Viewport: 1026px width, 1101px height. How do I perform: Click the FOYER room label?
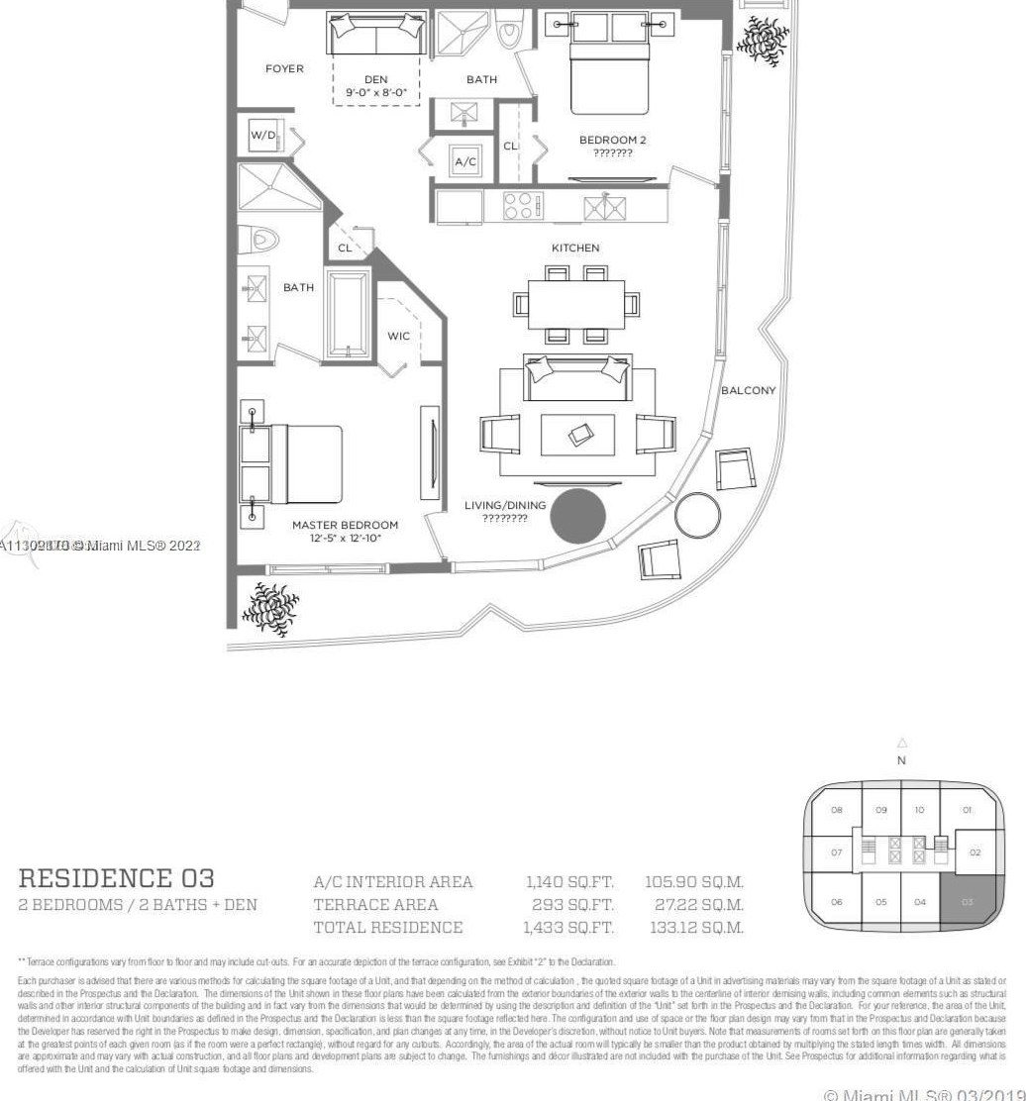click(284, 69)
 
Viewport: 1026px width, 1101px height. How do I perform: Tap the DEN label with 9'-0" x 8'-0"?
click(375, 86)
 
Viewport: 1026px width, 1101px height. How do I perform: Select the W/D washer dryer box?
click(263, 135)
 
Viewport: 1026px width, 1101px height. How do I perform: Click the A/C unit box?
click(464, 161)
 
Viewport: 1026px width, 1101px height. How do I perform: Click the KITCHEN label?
click(575, 249)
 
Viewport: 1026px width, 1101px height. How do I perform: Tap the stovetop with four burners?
click(523, 206)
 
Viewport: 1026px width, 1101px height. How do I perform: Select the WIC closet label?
click(398, 337)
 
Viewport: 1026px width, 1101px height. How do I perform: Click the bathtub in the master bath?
click(348, 314)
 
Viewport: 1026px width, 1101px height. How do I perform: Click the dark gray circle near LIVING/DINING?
click(577, 516)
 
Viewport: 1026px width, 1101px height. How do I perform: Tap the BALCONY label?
click(748, 391)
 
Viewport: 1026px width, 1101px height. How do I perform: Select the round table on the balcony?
click(698, 515)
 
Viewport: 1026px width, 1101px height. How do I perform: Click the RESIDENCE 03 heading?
click(116, 878)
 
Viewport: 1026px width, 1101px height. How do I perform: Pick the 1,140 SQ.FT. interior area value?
click(568, 882)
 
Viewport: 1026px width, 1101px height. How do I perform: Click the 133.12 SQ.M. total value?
click(694, 928)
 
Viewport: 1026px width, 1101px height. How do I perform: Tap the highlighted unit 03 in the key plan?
click(967, 902)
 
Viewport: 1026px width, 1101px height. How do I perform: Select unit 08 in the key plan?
click(837, 810)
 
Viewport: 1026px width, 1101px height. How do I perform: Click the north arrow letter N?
click(901, 761)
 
